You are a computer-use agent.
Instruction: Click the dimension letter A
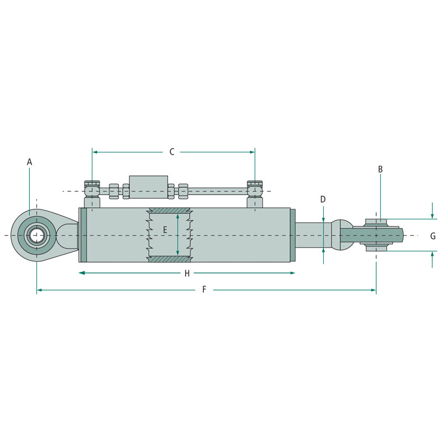point(29,162)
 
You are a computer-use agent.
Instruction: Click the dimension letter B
point(380,169)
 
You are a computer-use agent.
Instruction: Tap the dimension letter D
point(323,199)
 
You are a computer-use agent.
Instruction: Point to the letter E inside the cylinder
point(165,229)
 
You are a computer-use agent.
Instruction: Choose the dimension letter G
point(433,236)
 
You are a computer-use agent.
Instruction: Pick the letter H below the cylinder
point(187,273)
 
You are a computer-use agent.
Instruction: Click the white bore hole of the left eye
point(37,235)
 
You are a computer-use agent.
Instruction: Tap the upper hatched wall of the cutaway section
point(170,211)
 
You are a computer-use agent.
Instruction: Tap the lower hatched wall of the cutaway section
point(170,259)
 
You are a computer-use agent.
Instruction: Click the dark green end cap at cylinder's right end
point(293,235)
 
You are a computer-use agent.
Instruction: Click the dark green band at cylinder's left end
point(83,235)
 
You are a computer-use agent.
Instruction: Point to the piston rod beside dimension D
point(313,235)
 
